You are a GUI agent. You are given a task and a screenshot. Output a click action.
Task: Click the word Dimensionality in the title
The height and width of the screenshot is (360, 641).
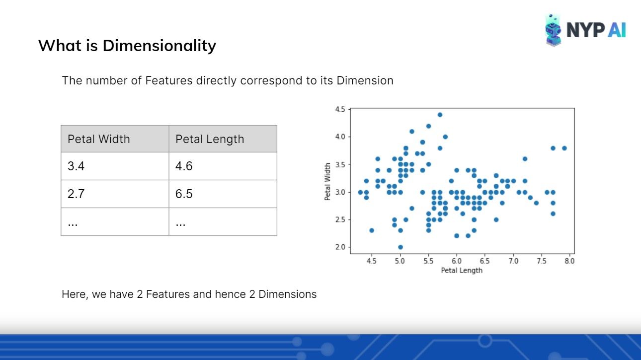tap(160, 46)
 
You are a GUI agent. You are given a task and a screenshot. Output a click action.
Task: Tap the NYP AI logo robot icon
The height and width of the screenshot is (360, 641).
tap(553, 30)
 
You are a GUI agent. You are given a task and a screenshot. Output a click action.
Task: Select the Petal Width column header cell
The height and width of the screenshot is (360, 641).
tap(115, 139)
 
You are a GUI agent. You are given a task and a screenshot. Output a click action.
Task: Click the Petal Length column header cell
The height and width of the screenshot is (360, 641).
tap(223, 139)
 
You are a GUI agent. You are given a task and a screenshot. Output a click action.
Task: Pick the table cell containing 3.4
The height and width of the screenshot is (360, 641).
tap(115, 166)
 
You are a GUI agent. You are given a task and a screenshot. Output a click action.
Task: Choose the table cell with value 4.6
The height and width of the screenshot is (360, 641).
tap(223, 166)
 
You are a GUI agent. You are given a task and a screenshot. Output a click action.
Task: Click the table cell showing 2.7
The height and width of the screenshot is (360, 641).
tap(115, 194)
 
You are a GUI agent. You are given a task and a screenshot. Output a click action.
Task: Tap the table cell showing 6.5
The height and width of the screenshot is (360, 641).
tap(223, 194)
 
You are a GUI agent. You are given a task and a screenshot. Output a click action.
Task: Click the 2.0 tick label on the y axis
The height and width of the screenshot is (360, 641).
tap(340, 247)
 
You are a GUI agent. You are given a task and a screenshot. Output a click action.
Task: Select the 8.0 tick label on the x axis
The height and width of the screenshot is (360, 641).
tap(569, 261)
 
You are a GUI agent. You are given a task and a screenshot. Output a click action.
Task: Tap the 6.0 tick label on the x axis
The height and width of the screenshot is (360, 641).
tap(457, 261)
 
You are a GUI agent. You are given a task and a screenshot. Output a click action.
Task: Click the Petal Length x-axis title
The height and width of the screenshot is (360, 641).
tap(462, 271)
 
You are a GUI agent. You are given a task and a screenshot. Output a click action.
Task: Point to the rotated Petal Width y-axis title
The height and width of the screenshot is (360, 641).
tap(327, 182)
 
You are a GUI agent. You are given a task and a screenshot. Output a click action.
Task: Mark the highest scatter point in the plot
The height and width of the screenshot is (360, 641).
tap(440, 115)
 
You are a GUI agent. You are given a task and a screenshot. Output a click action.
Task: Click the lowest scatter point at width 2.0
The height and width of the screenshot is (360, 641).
tap(401, 247)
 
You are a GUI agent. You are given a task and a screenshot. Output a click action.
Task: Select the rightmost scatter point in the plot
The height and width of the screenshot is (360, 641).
tap(564, 148)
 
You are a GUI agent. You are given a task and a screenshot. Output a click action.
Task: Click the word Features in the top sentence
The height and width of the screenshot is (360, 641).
tap(169, 80)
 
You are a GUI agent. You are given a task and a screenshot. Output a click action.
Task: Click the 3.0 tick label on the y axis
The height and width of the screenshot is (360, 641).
tap(340, 192)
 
